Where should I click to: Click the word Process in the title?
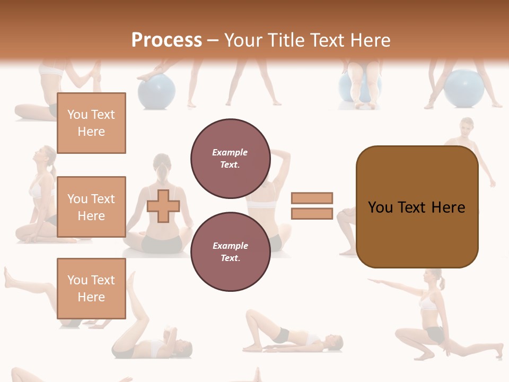pyautogui.click(x=166, y=40)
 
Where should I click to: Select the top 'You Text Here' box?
pyautogui.click(x=91, y=123)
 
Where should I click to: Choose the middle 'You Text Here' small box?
pyautogui.click(x=91, y=207)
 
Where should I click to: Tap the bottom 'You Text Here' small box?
pyautogui.click(x=91, y=289)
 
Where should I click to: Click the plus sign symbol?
pyautogui.click(x=163, y=206)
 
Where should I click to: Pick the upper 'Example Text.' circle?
pyautogui.click(x=230, y=159)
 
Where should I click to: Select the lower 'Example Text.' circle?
pyautogui.click(x=230, y=252)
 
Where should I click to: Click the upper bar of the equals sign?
pyautogui.click(x=312, y=198)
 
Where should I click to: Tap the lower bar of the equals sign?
pyautogui.click(x=312, y=213)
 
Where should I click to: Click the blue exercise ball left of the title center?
pyautogui.click(x=157, y=91)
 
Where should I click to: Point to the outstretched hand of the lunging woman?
pyautogui.click(x=371, y=281)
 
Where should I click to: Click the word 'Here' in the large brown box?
pyautogui.click(x=448, y=207)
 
